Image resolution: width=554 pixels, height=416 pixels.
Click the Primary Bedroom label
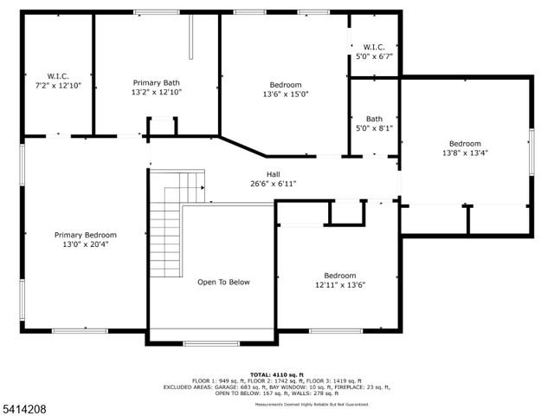86,235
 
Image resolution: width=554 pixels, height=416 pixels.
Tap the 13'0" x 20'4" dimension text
86,244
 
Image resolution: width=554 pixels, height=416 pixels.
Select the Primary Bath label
157,81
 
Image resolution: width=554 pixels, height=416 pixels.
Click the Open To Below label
223,282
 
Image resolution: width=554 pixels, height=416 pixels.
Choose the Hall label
273,173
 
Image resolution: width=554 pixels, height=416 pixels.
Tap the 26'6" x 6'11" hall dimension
273,184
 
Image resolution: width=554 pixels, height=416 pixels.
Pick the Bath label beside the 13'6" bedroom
374,119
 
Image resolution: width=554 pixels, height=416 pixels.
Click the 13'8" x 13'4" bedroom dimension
465,153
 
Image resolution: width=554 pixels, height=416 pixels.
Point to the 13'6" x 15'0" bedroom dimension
285,94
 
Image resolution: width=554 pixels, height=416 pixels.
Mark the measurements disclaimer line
312,405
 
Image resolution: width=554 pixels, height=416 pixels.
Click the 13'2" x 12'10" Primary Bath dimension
157,92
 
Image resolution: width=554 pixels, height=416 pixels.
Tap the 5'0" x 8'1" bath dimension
374,128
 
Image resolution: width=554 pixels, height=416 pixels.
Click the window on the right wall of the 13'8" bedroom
531,147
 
